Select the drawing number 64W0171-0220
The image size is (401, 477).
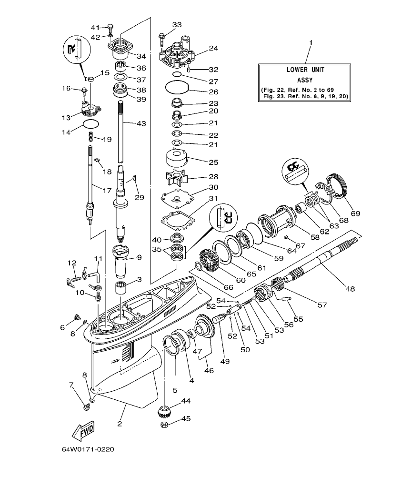tap(87, 450)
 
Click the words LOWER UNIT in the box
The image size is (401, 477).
tap(306, 70)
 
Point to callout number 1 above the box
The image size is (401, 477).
tap(311, 43)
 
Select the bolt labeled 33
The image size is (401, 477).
tap(162, 35)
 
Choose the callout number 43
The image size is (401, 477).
tap(141, 123)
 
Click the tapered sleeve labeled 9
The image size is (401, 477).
tap(123, 261)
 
